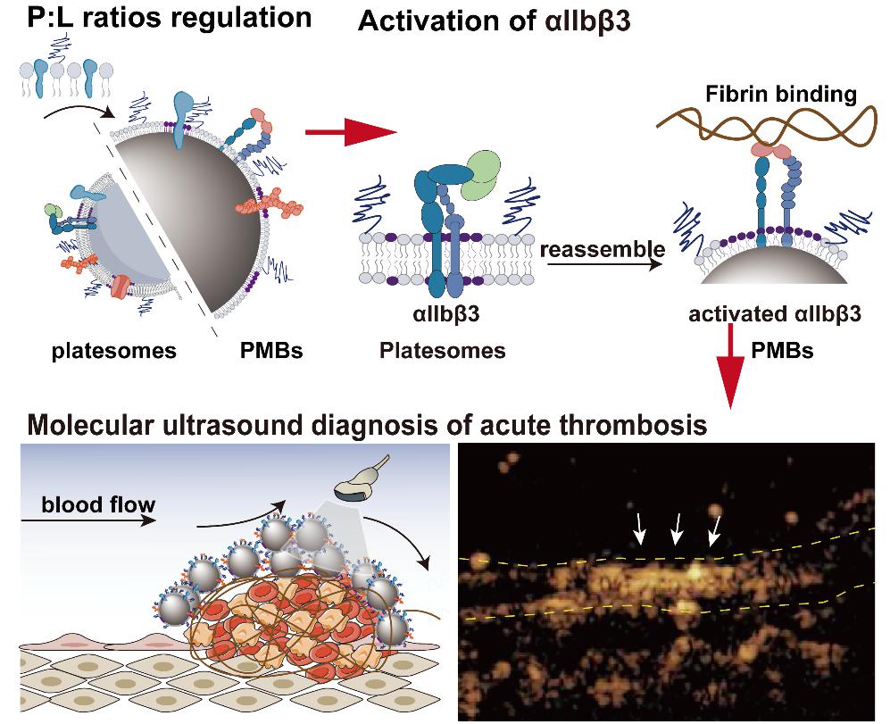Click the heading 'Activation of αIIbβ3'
[495, 21]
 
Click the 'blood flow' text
[98, 505]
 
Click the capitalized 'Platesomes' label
[442, 351]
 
